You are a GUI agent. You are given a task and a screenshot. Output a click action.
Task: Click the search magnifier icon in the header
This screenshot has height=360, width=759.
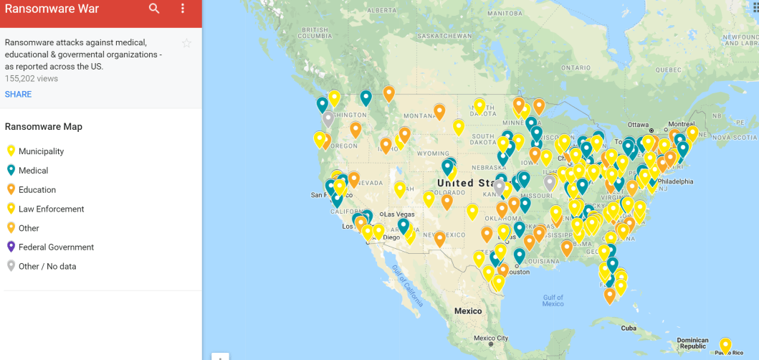155,9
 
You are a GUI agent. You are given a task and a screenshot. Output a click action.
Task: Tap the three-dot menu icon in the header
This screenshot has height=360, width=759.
183,9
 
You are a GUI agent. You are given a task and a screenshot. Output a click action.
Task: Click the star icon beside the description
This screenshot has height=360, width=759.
186,43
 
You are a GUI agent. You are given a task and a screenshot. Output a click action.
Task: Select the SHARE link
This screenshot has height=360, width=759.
18,95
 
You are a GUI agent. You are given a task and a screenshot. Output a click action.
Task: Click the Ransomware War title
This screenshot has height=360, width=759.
51,9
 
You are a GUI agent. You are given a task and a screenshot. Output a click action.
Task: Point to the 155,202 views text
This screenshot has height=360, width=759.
32,79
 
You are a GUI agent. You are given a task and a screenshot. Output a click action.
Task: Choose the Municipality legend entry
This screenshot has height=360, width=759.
41,151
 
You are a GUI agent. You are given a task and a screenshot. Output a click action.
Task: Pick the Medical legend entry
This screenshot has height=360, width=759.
33,171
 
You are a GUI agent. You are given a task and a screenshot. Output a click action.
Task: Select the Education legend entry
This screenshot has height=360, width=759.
37,190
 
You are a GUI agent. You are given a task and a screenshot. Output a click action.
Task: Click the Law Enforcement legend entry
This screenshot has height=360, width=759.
51,209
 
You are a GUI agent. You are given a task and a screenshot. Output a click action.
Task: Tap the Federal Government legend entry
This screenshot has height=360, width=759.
56,247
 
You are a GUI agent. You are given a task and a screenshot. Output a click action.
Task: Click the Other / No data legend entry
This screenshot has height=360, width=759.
47,267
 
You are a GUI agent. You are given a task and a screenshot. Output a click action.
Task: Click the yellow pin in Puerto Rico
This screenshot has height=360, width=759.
725,344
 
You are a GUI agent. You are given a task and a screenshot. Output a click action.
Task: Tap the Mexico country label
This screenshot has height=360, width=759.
468,311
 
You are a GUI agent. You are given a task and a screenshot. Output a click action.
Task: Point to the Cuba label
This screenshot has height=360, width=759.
629,328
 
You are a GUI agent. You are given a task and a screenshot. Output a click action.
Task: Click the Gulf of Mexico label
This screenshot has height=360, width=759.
553,300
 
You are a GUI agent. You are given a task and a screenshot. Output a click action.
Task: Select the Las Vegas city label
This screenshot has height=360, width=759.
399,214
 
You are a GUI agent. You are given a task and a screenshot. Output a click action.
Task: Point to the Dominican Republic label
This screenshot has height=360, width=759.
692,344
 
